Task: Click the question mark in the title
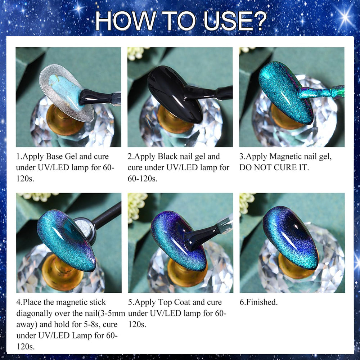259,20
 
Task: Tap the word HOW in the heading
126,20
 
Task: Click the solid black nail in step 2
175,94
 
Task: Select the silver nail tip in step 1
67,93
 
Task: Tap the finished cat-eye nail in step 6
291,238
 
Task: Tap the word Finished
261,302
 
